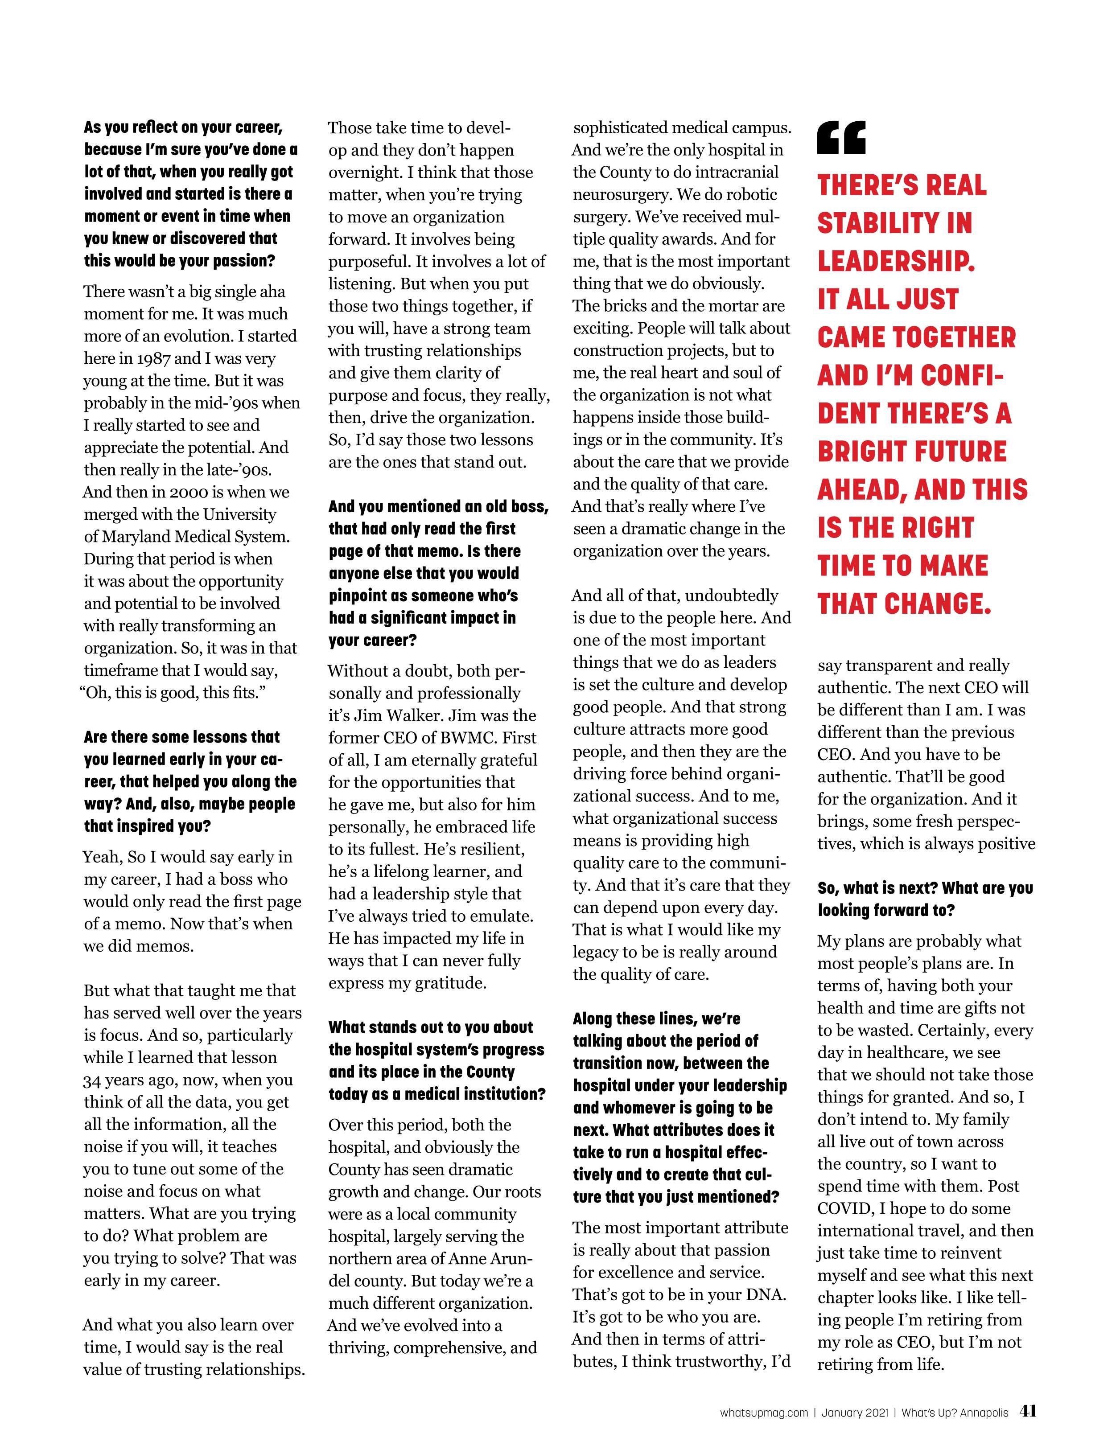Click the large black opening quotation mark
click(x=842, y=137)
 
